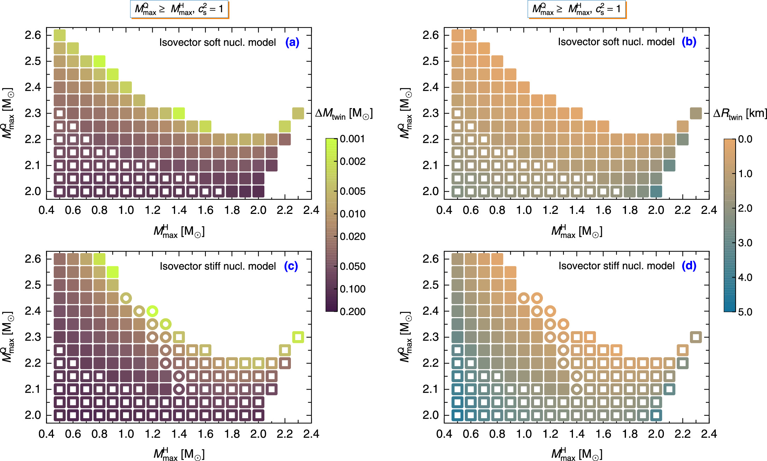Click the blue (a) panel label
coord(292,42)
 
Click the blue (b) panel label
coord(689,42)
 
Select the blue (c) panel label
coord(291,266)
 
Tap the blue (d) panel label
coord(689,265)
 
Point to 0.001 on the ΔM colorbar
coord(352,139)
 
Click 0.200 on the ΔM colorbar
coord(352,311)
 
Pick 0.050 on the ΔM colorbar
coord(352,266)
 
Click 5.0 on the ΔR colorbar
coord(745,312)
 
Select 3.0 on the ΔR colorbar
coord(745,243)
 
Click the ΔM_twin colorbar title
coord(344,114)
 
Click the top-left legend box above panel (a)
coord(179,9)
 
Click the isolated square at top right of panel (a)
coord(298,113)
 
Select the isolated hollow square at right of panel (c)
coord(298,337)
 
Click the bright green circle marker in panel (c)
coord(152,311)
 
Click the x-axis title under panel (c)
coord(179,454)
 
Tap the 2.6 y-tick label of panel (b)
coord(431,35)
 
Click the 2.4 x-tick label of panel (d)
coord(709,434)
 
